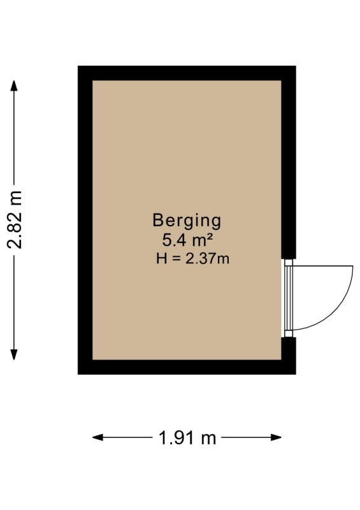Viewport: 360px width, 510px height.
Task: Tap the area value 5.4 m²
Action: pyautogui.click(x=187, y=241)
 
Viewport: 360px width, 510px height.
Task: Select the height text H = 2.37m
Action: pyautogui.click(x=192, y=259)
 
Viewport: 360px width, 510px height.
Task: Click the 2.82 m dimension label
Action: pyautogui.click(x=15, y=220)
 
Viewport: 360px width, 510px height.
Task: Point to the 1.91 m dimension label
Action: pyautogui.click(x=187, y=438)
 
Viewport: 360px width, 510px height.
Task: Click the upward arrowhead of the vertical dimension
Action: pyautogui.click(x=13, y=85)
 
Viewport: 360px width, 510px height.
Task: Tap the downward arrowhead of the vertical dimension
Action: pyautogui.click(x=13, y=354)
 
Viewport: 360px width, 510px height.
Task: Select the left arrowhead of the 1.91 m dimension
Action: pyautogui.click(x=98, y=437)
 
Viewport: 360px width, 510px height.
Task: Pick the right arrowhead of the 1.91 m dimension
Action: pyautogui.click(x=276, y=437)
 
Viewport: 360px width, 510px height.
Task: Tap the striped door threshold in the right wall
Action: pyautogui.click(x=288, y=298)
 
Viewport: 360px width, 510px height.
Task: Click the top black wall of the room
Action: pyautogui.click(x=187, y=73)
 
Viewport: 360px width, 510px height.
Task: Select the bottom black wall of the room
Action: pyautogui.click(x=187, y=367)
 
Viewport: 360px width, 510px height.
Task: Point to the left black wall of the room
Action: pyautogui.click(x=85, y=220)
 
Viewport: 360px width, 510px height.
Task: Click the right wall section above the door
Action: pyautogui.click(x=289, y=163)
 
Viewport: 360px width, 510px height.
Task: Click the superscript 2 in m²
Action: pyautogui.click(x=210, y=238)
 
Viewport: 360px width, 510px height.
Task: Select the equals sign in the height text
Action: pyautogui.click(x=176, y=259)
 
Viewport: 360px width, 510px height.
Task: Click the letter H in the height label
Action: pyautogui.click(x=162, y=259)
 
